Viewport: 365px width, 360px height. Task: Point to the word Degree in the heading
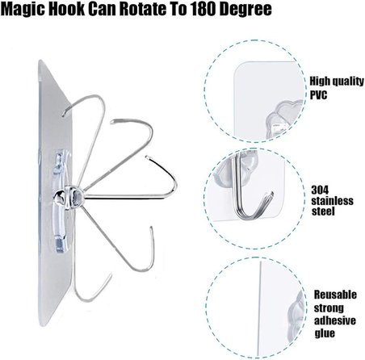coord(245,10)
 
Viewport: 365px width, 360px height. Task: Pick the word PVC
coord(318,94)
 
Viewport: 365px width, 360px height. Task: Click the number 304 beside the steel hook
coord(320,190)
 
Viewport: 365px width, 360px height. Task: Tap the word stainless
coord(332,201)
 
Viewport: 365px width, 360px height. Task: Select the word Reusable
coord(335,295)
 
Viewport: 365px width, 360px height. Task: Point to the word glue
coord(325,333)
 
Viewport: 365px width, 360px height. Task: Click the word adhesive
coord(335,320)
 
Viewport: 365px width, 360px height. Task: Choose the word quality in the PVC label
coord(348,82)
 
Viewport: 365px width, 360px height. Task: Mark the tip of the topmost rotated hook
coord(63,115)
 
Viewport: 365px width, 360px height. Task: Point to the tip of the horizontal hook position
coord(146,156)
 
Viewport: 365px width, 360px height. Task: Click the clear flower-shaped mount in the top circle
coord(285,117)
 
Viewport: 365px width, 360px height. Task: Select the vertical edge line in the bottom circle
coord(260,309)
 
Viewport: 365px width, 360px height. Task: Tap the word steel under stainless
coord(323,211)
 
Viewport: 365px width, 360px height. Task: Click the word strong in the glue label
coord(329,308)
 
